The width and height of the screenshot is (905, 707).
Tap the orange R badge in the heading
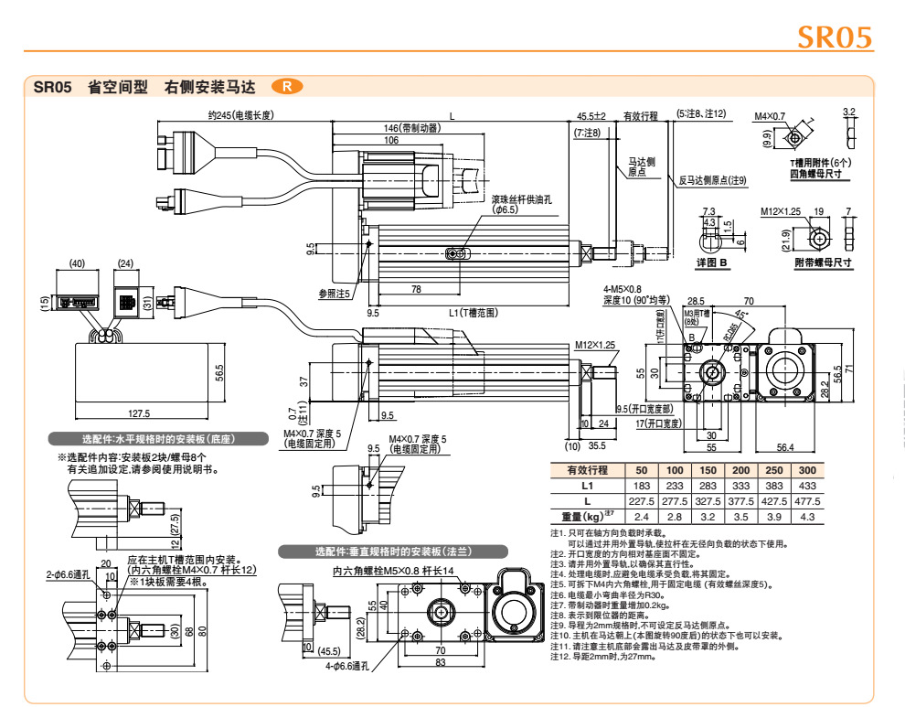coord(287,87)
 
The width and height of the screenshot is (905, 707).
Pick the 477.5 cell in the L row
coord(807,501)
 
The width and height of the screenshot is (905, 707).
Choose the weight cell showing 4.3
coord(807,517)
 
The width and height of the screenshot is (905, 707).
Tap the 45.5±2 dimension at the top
coord(591,116)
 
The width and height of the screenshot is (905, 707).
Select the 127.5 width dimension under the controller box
coord(139,413)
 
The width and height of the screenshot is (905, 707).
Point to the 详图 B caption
coord(710,263)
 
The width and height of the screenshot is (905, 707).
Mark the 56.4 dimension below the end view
coord(785,447)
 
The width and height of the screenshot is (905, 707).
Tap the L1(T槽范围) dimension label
coord(473,313)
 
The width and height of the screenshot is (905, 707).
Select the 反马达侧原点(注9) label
coord(713,180)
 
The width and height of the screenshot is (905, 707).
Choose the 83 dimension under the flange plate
coord(440,662)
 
